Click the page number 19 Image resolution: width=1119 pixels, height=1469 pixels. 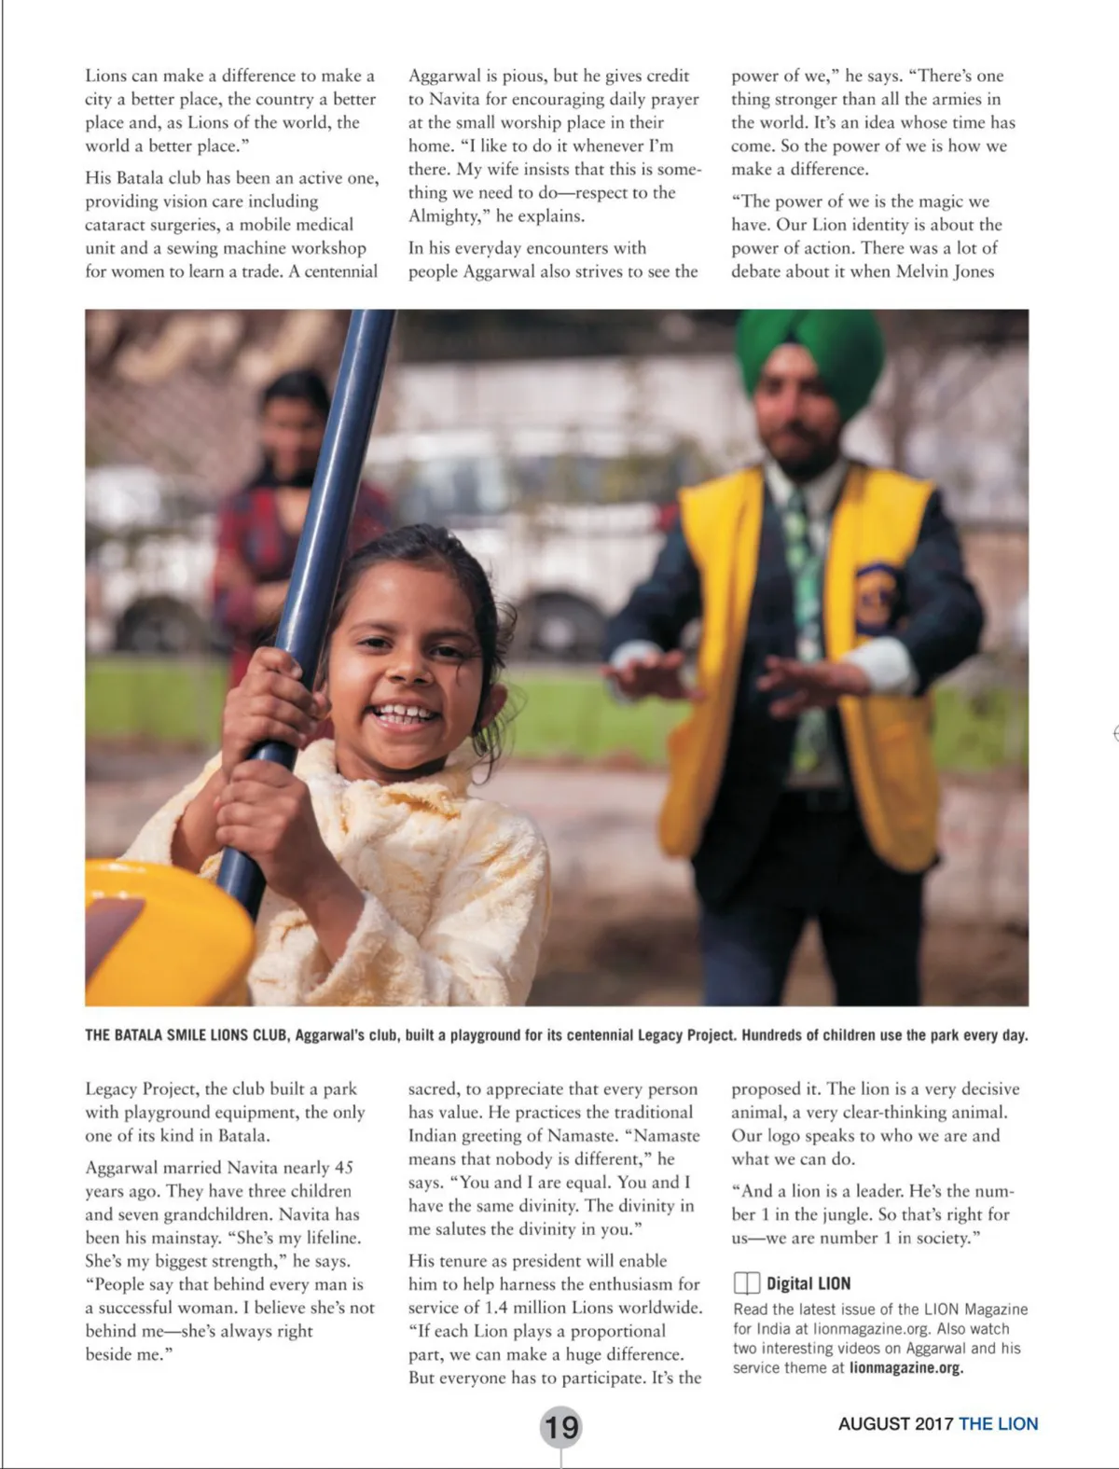pos(560,1426)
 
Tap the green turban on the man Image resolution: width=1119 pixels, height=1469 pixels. pos(809,351)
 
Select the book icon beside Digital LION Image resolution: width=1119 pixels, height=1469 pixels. pos(746,1283)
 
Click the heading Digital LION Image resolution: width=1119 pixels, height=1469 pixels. pos(808,1283)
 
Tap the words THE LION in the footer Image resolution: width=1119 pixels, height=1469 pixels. pos(998,1423)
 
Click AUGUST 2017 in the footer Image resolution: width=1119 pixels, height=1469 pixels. pos(895,1423)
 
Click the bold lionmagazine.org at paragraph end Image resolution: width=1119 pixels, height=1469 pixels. pos(906,1367)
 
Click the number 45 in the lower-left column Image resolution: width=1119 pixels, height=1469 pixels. pos(344,1167)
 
